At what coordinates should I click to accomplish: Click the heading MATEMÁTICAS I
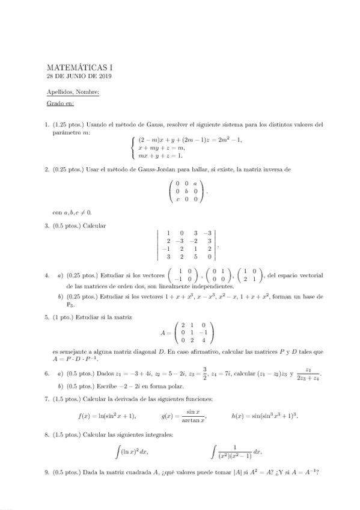(79, 68)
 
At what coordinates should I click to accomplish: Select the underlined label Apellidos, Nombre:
(73, 92)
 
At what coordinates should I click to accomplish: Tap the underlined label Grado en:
(60, 104)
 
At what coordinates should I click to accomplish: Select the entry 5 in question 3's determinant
(195, 256)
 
